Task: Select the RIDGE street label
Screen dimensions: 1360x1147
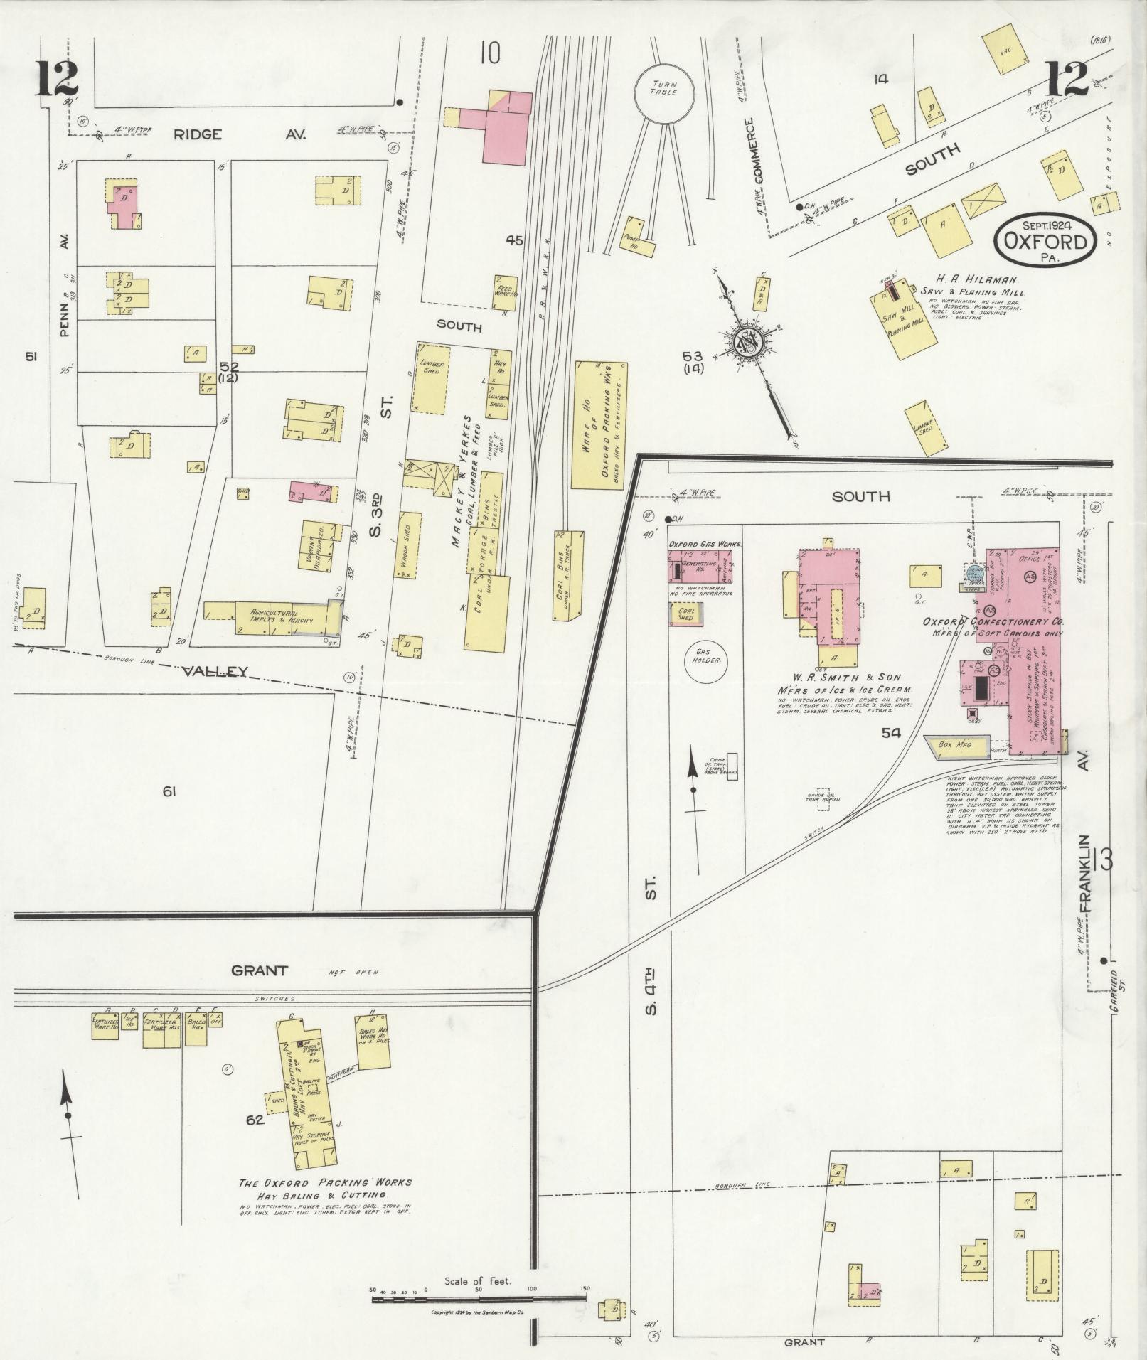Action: click(198, 134)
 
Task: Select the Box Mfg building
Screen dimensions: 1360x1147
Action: click(957, 745)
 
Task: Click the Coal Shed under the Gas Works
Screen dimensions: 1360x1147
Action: click(686, 613)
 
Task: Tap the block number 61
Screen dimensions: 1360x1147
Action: click(169, 791)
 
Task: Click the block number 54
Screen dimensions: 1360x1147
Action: click(891, 733)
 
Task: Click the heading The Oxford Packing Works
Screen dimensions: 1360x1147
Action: click(325, 1182)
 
